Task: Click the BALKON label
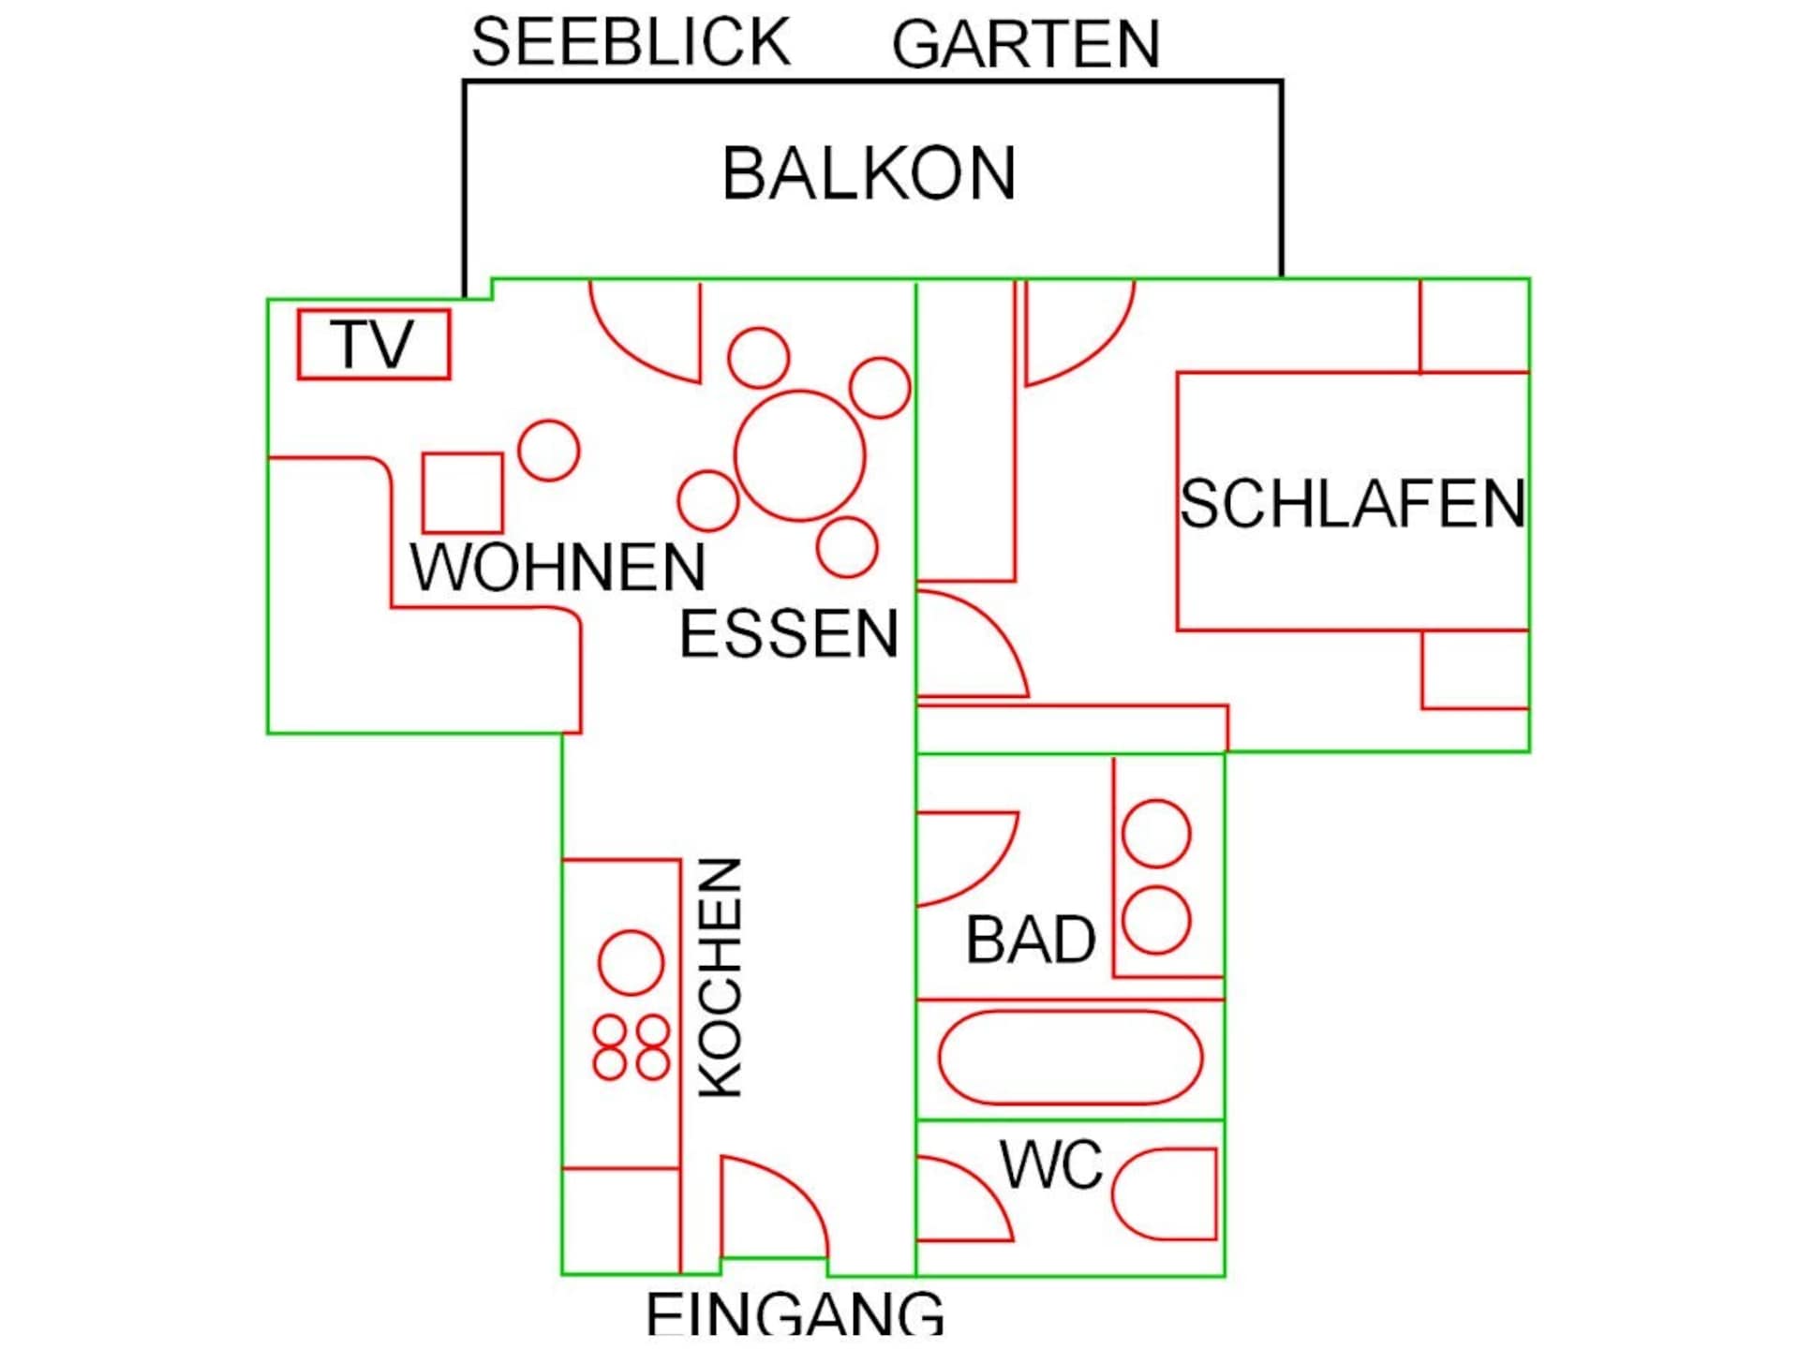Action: [x=869, y=173]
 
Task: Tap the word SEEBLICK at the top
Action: [x=631, y=42]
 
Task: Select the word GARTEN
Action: [x=1026, y=44]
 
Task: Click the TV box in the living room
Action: [x=374, y=345]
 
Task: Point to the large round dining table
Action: [x=799, y=455]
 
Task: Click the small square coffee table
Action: [x=462, y=493]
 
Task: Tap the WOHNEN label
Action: [x=558, y=567]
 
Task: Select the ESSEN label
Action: [x=789, y=634]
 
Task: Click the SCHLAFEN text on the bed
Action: [x=1353, y=504]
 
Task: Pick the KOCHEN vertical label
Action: [x=721, y=977]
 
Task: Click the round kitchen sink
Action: [x=631, y=963]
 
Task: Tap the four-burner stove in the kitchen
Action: [x=631, y=1047]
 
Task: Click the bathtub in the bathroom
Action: [x=1070, y=1058]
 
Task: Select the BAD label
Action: [x=1031, y=940]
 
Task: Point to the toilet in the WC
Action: [x=1165, y=1194]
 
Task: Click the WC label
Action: [x=1051, y=1164]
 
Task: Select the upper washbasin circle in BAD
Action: [x=1156, y=834]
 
